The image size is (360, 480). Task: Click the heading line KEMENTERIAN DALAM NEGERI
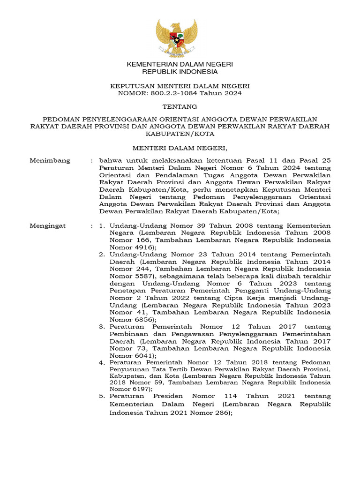tap(180, 64)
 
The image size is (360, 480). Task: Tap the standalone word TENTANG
tap(180, 107)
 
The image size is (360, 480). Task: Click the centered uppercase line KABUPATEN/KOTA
tap(180, 134)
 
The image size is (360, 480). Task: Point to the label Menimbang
tap(50, 160)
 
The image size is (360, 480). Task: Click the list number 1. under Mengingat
tap(102, 225)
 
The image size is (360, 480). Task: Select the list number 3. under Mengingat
tap(102, 326)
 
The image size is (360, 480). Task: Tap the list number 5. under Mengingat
tap(102, 396)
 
